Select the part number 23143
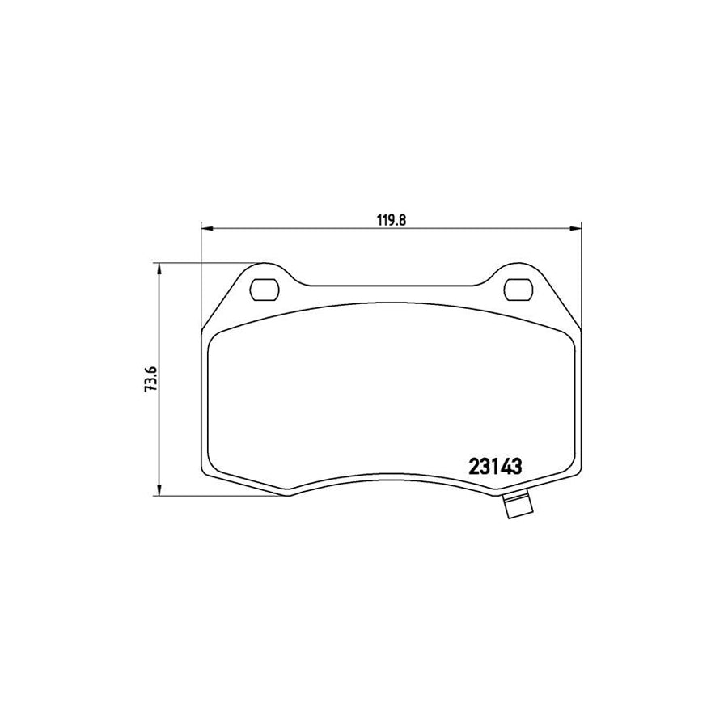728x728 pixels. coord(494,467)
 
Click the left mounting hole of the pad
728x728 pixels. coord(264,288)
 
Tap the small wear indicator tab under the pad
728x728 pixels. coord(515,507)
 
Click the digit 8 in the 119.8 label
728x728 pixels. coord(399,218)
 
